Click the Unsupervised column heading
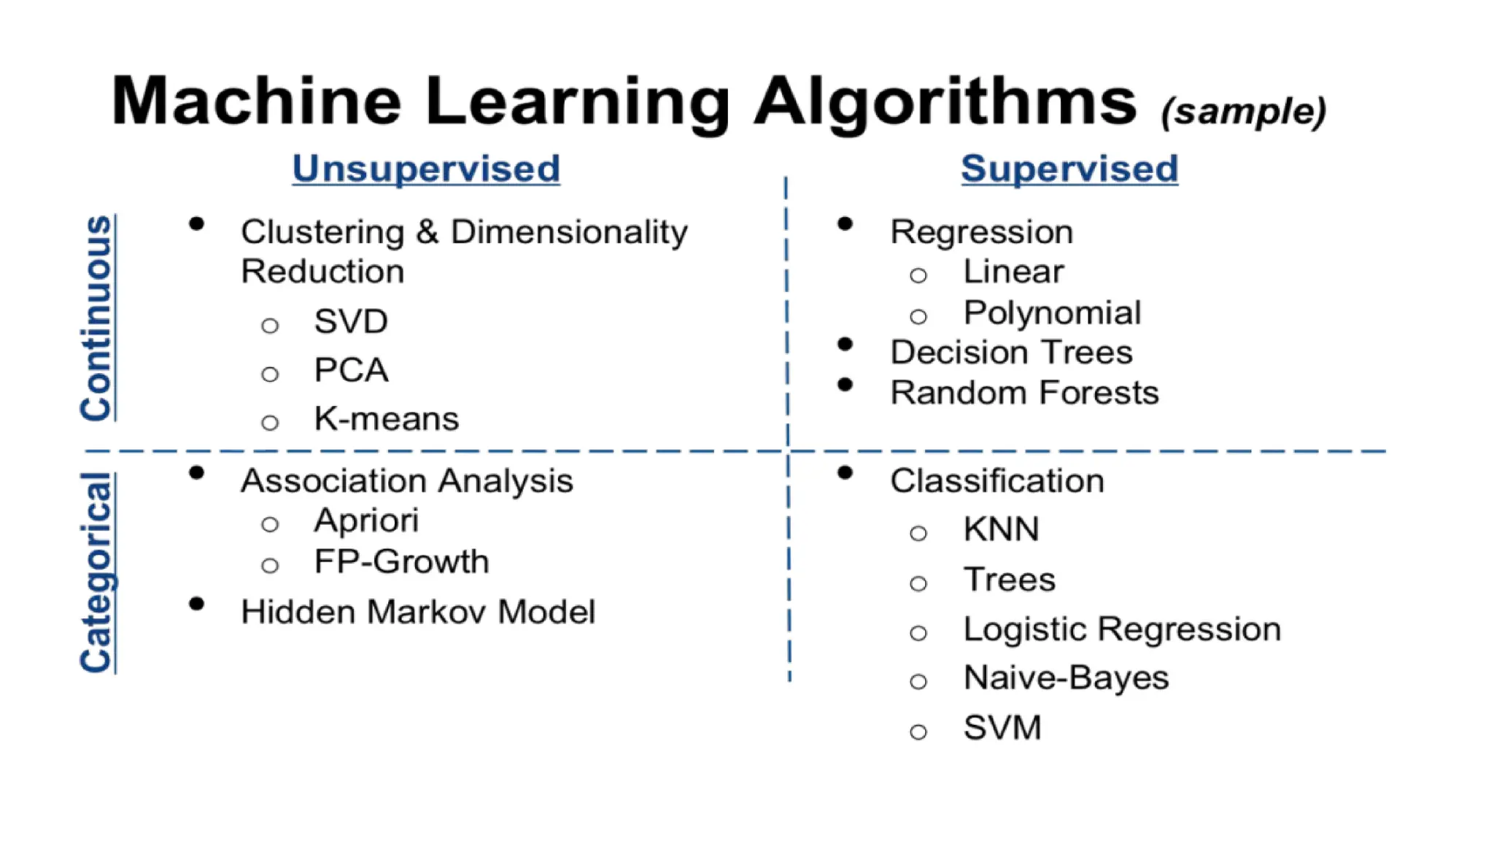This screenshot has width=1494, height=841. pyautogui.click(x=426, y=169)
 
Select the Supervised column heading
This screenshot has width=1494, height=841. pyautogui.click(x=1069, y=169)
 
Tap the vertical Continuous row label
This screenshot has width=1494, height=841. pyautogui.click(x=96, y=318)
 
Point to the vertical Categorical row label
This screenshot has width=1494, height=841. pyautogui.click(x=96, y=572)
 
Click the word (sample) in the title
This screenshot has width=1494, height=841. pyautogui.click(x=1243, y=111)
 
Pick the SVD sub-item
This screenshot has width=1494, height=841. pyautogui.click(x=350, y=321)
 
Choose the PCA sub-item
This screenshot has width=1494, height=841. pyautogui.click(x=350, y=370)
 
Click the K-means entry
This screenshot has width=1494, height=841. pyautogui.click(x=386, y=419)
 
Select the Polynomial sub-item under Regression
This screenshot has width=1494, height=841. pyautogui.click(x=1051, y=313)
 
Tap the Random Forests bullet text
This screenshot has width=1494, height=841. pyautogui.click(x=1024, y=393)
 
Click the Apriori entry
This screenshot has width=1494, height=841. pyautogui.click(x=366, y=521)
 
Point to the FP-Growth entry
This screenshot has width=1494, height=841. pyautogui.click(x=401, y=562)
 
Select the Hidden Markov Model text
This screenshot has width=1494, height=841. pyautogui.click(x=418, y=612)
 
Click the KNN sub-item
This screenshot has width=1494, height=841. pyautogui.click(x=1001, y=529)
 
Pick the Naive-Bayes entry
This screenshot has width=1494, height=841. pyautogui.click(x=1066, y=678)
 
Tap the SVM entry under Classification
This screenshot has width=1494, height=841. pyautogui.click(x=1002, y=728)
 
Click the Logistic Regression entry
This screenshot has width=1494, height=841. pyautogui.click(x=1121, y=629)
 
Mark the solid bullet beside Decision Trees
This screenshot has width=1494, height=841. pyautogui.click(x=845, y=345)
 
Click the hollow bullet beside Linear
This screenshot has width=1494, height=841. pyautogui.click(x=918, y=275)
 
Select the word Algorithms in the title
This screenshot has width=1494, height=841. pyautogui.click(x=945, y=102)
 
